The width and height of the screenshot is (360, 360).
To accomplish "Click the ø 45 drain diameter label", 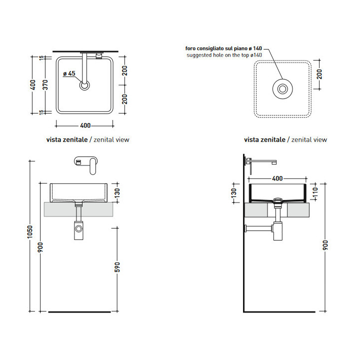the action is point(69,73).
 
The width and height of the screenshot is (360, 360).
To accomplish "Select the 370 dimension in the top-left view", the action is point(45,84).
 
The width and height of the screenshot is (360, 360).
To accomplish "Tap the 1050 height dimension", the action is point(30,232).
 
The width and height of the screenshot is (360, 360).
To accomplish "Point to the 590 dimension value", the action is point(117,267).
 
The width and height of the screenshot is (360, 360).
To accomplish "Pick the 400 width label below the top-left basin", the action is point(85,125).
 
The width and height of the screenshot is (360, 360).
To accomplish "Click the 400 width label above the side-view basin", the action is point(277,178).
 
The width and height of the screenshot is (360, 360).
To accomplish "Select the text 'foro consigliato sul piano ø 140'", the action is point(223,48).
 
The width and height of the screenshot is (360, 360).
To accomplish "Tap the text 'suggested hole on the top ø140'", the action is point(224,55).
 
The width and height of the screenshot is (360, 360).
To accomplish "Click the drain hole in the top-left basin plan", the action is point(84,85).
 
